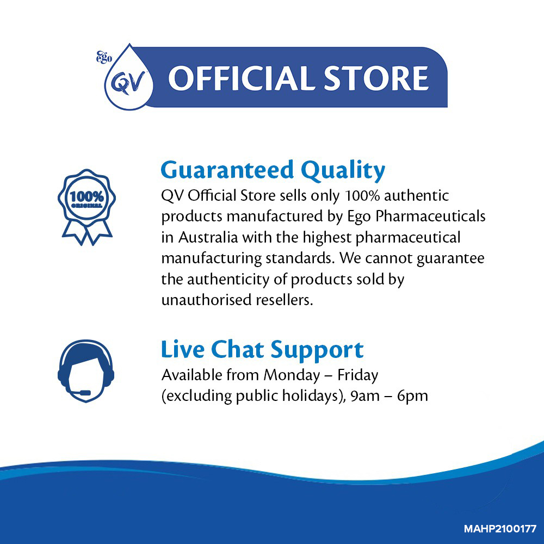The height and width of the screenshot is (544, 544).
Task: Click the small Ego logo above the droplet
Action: tap(104, 57)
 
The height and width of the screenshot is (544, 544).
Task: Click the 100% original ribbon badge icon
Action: tap(86, 207)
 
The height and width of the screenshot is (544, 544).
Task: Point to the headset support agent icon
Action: tap(86, 371)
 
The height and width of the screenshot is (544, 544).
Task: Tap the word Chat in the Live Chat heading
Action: tap(238, 349)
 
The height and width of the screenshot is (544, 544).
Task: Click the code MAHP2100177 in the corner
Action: tap(500, 529)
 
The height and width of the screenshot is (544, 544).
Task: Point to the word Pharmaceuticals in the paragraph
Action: tap(430, 216)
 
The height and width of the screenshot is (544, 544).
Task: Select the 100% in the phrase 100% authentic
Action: tap(363, 196)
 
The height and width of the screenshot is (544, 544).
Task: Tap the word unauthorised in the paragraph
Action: tap(206, 300)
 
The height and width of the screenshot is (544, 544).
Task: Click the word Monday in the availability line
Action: tap(292, 376)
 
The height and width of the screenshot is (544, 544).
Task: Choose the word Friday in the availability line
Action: tap(358, 376)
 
